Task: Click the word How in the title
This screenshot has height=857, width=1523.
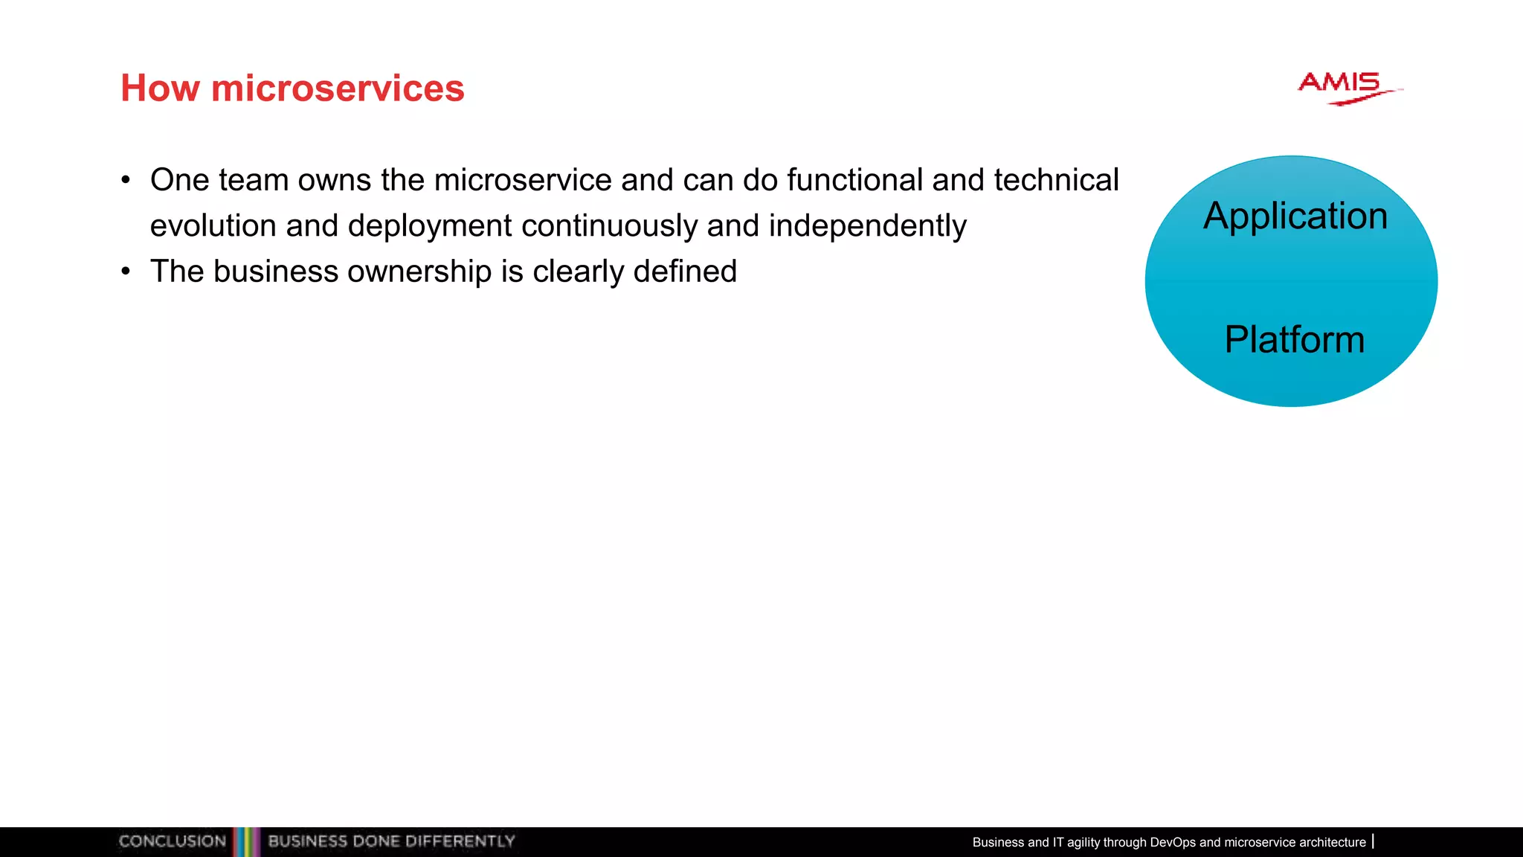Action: (x=160, y=89)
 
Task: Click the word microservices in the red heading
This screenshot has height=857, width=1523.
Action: (x=338, y=89)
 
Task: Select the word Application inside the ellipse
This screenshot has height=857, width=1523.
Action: (x=1295, y=216)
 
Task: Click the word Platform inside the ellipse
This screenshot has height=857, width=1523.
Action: (x=1294, y=340)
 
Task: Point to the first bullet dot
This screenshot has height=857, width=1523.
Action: (x=126, y=180)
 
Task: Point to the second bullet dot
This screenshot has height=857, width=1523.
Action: (x=126, y=272)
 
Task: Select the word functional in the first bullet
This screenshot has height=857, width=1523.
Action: (x=854, y=180)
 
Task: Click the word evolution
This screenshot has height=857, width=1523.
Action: (x=213, y=226)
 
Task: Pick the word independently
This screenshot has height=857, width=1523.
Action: (x=867, y=226)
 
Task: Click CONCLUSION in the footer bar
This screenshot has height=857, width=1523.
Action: (x=172, y=841)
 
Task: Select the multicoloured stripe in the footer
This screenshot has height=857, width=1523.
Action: (x=246, y=841)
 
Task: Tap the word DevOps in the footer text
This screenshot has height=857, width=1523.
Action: (x=1172, y=842)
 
